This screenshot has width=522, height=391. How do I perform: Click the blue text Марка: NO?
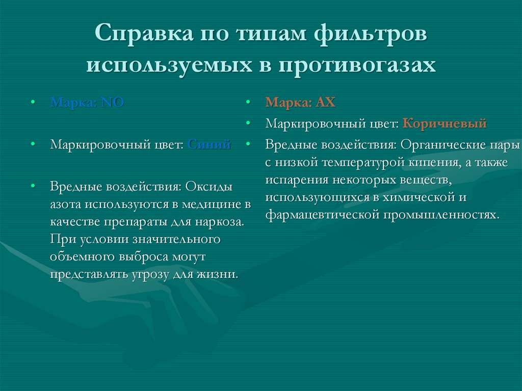(87, 102)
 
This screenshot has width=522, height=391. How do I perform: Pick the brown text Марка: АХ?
(300, 102)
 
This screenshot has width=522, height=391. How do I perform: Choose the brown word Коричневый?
(445, 123)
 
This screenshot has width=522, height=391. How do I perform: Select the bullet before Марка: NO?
(33, 102)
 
